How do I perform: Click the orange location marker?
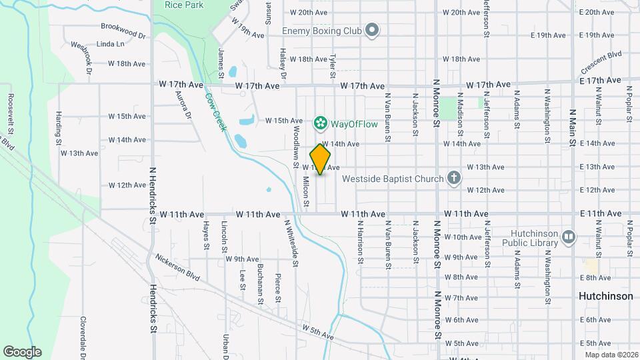321,159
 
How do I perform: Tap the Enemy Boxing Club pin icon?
372,31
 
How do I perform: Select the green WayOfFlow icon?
321,123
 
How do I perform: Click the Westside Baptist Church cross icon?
453,178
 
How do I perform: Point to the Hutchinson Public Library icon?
568,236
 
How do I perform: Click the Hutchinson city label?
606,296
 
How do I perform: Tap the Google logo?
22,351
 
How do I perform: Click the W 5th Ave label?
317,331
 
